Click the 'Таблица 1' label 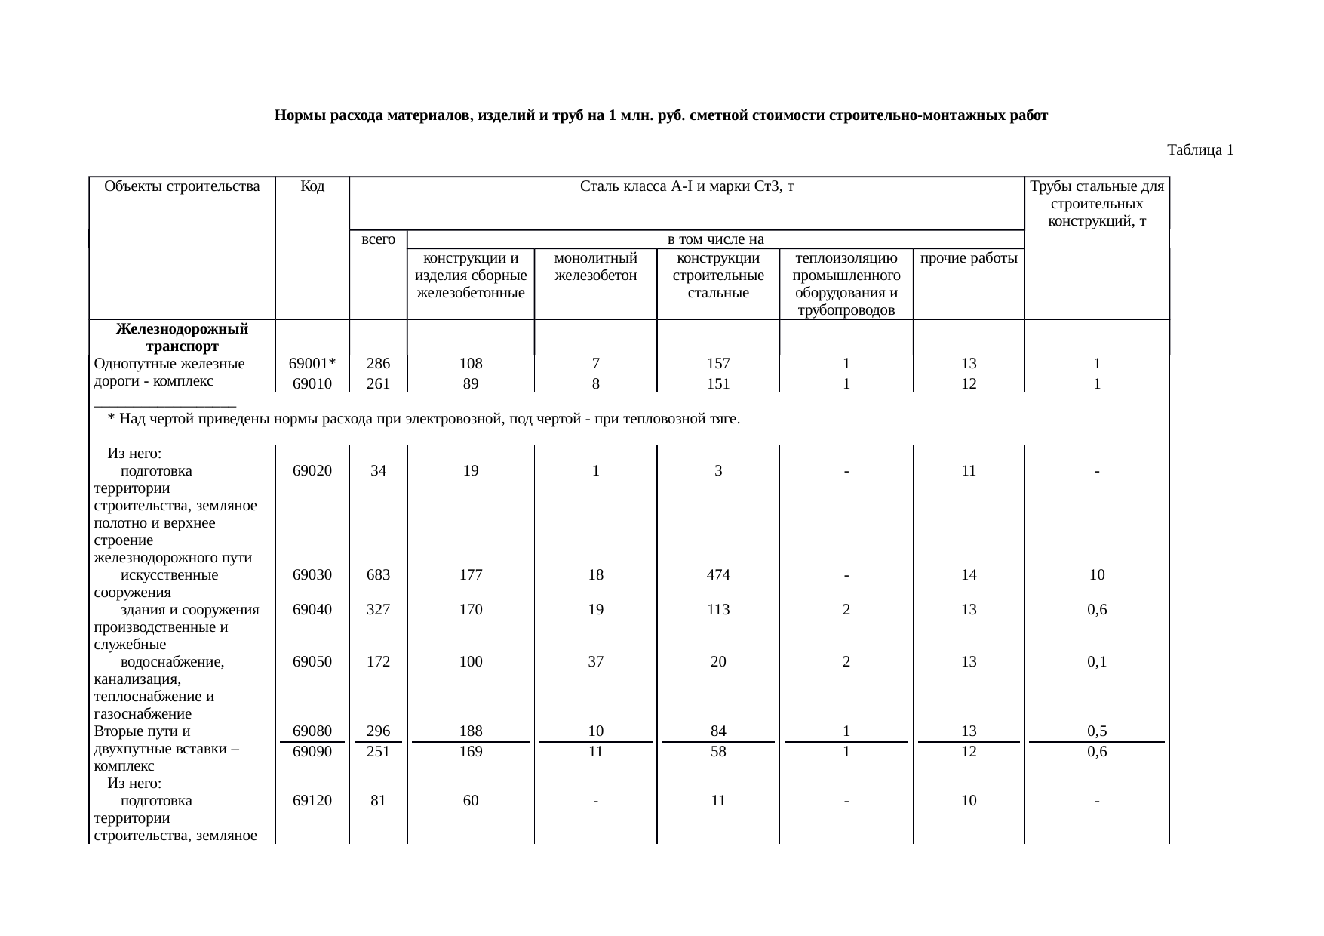click(1200, 150)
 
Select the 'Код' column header click(312, 186)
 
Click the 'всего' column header click(378, 239)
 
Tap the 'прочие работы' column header click(969, 258)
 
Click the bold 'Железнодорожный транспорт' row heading click(182, 338)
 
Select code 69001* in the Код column click(312, 364)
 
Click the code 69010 click(312, 383)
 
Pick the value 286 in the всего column click(378, 364)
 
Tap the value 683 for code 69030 click(378, 575)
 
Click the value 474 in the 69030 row click(718, 575)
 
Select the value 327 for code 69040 click(378, 610)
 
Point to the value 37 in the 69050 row click(595, 662)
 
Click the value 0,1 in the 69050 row click(1097, 662)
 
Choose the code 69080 click(312, 731)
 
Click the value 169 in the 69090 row click(471, 752)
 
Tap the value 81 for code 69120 click(378, 801)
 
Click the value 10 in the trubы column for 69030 click(1097, 575)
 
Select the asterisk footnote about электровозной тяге click(423, 418)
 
